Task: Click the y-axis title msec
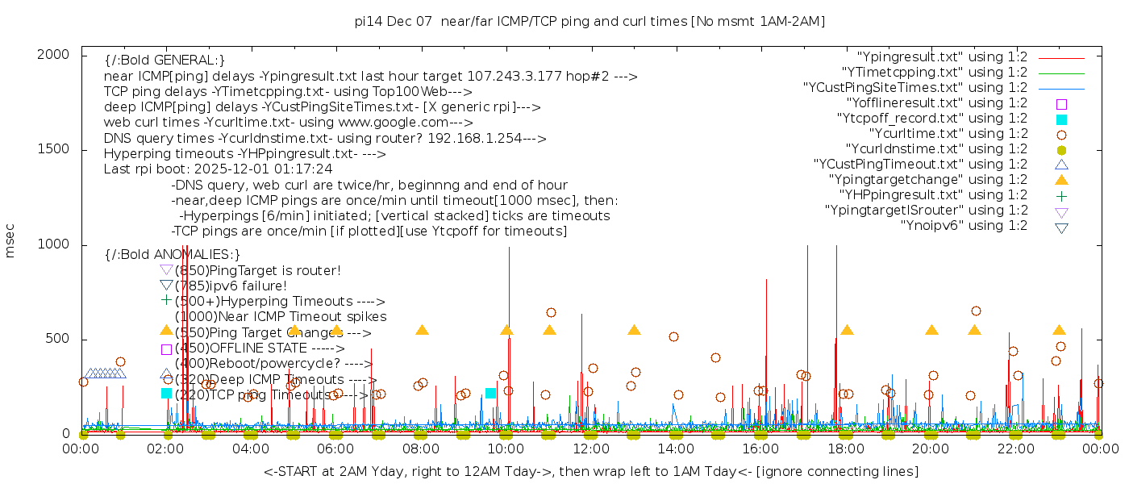pos(10,242)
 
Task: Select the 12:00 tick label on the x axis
pos(591,449)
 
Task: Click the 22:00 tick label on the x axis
pos(1015,449)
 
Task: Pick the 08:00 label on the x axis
pos(421,449)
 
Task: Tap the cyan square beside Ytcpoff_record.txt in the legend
pos(1061,119)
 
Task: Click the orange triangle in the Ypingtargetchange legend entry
pos(1061,180)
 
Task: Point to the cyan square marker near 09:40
pos(490,393)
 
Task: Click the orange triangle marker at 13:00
pos(634,330)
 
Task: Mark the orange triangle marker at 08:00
pos(422,330)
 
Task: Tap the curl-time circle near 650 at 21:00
pos(976,311)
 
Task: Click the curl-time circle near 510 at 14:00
pos(673,336)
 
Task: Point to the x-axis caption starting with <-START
pos(590,471)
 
